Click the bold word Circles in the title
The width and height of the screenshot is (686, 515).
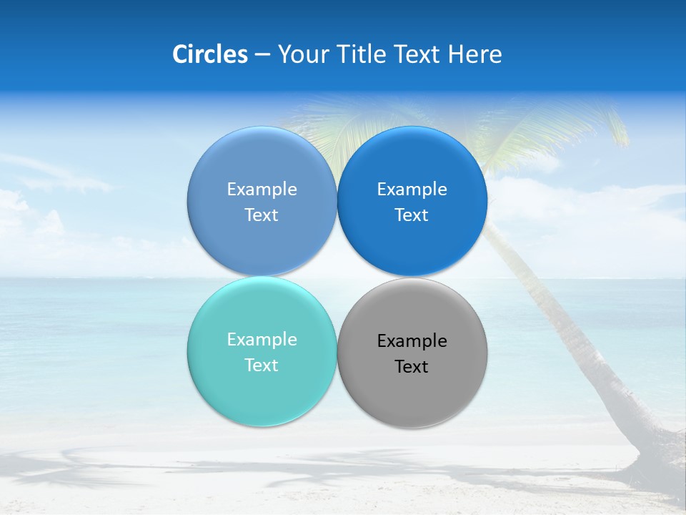[x=209, y=54]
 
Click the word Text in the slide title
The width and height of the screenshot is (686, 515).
[x=419, y=54]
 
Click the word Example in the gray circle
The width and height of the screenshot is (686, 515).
[x=412, y=341]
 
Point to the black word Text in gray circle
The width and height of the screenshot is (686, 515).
[x=412, y=367]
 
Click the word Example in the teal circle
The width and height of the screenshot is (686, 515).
[x=262, y=340]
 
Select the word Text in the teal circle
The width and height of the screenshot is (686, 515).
[x=262, y=366]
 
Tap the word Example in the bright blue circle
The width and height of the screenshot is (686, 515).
[x=412, y=190]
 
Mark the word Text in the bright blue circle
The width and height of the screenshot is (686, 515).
[x=412, y=215]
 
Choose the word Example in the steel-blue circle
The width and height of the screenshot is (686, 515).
[x=262, y=190]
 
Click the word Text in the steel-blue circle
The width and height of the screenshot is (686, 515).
[x=262, y=215]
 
